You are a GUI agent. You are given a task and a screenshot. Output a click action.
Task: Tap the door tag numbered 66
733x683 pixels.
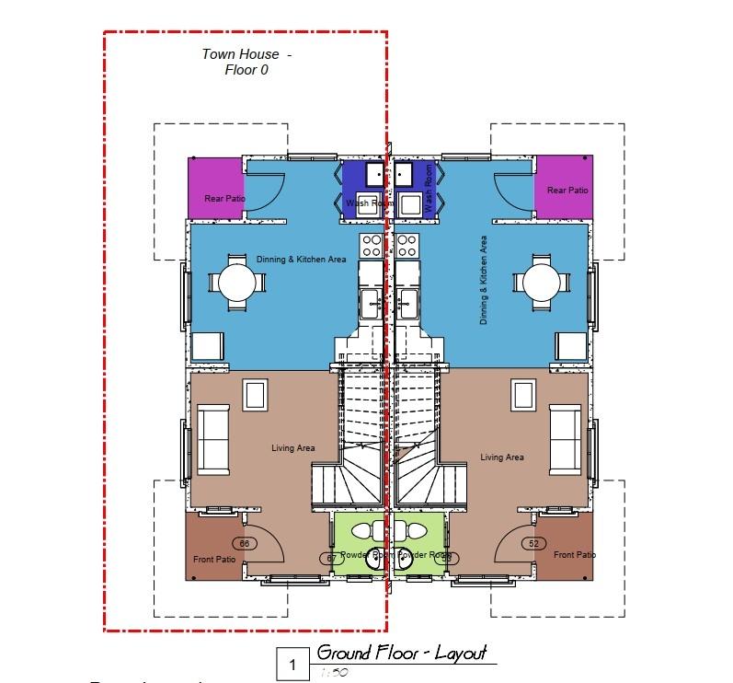click(245, 544)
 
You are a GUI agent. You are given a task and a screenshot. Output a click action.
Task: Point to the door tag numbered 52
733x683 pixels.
click(533, 544)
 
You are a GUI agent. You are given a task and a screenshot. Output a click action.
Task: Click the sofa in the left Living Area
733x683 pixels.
click(214, 437)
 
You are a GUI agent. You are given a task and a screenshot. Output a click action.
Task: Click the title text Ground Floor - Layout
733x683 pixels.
click(401, 654)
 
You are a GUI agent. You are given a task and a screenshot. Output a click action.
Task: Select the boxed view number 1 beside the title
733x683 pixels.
click(293, 664)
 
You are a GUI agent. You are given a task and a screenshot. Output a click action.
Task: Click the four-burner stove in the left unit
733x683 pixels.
click(372, 246)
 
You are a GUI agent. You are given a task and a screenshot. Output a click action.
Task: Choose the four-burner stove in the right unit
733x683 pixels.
click(406, 246)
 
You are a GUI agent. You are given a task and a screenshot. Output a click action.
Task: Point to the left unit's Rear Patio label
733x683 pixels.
click(224, 198)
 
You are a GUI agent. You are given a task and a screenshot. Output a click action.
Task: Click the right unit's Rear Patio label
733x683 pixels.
click(567, 191)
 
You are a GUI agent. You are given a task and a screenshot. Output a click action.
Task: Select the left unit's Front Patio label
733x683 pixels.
click(213, 560)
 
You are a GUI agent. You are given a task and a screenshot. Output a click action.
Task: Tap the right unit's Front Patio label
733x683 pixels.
click(575, 555)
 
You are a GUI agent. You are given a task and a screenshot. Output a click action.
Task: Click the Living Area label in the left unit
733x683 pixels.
click(292, 448)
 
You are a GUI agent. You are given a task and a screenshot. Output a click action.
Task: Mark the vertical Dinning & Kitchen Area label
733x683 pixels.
click(483, 280)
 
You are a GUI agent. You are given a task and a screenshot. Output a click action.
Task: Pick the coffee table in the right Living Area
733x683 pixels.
click(524, 396)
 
